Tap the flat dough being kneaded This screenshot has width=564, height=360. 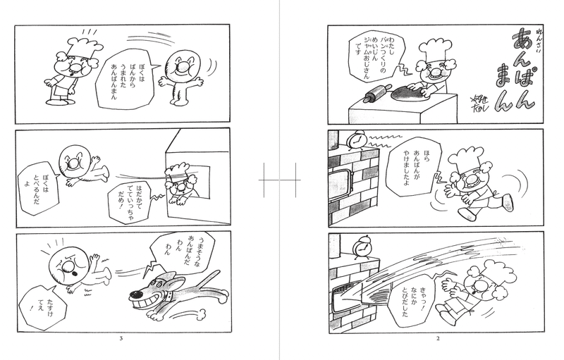[411, 94]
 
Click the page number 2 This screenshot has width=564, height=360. [438, 338]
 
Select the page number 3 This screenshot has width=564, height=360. [121, 338]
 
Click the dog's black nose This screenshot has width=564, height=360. [135, 295]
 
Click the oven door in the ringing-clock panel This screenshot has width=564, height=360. [342, 184]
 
